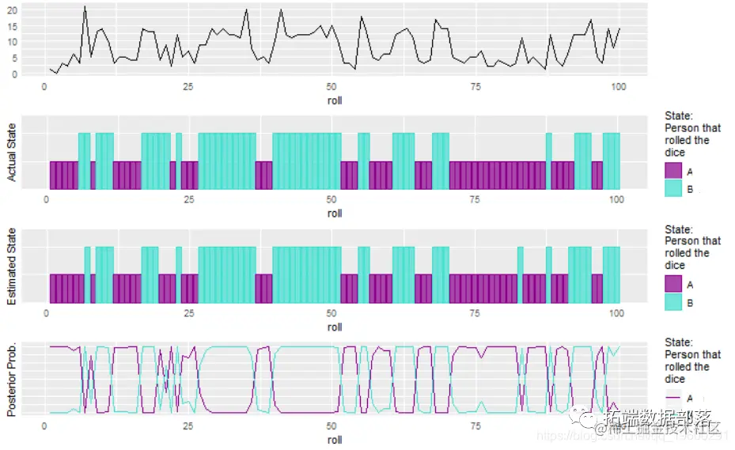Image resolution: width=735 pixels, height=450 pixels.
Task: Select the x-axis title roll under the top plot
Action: (334, 100)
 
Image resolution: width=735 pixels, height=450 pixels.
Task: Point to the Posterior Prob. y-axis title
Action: (12, 379)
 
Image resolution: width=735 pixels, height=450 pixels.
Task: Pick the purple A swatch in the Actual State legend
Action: (673, 171)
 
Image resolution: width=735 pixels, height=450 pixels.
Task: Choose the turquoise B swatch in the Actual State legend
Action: (673, 189)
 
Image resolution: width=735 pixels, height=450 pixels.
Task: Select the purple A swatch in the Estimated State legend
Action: (673, 284)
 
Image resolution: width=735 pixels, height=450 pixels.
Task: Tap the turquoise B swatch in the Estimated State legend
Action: (673, 302)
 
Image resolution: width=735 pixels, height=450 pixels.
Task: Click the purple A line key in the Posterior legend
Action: (673, 397)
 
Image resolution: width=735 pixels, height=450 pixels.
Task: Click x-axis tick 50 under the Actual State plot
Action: (332, 200)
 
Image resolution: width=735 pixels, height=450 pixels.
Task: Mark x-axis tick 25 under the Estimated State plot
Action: (189, 313)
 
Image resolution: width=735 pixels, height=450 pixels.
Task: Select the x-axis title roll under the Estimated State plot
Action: (334, 327)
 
